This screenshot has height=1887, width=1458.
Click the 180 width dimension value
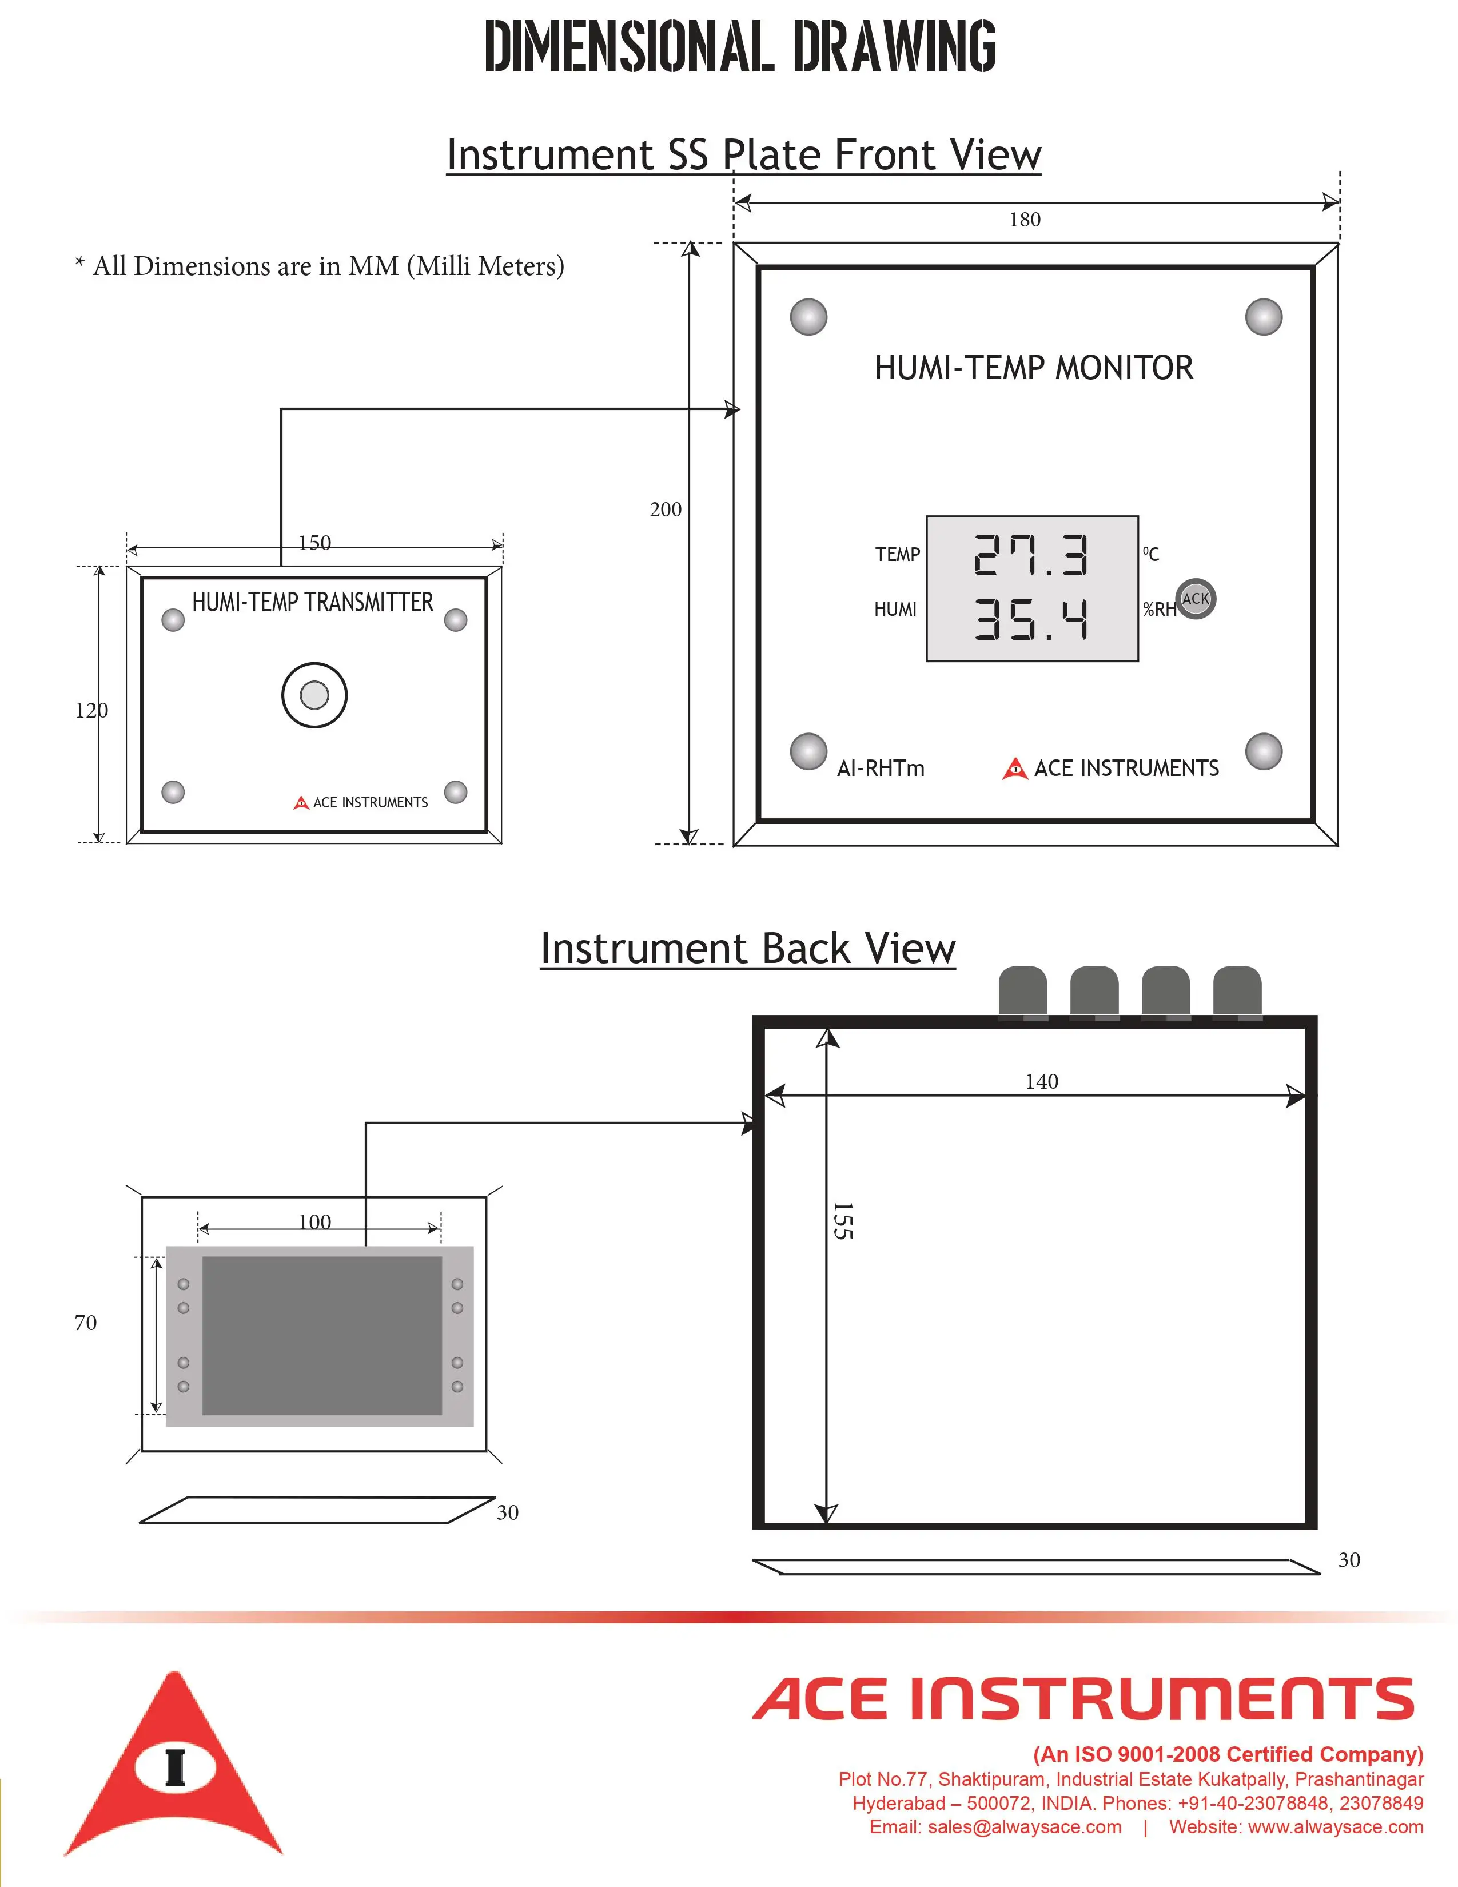(1025, 220)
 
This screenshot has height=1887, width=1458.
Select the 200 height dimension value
(665, 509)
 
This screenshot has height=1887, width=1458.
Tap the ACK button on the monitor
(1196, 599)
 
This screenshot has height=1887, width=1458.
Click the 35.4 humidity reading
(1031, 619)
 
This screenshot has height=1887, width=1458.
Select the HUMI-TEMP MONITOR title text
(1033, 368)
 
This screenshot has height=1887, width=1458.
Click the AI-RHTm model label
(880, 768)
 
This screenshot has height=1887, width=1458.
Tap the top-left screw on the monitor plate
(808, 317)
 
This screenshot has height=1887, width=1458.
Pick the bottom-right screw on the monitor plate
(1263, 752)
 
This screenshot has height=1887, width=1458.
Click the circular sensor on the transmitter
(314, 695)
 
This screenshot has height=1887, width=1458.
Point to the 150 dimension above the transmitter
(314, 543)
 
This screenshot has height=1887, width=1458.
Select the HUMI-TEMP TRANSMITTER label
(313, 602)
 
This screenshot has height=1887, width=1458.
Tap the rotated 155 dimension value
(843, 1221)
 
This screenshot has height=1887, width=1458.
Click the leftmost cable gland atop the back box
(1023, 992)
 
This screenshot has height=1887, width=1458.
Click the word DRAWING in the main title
(894, 47)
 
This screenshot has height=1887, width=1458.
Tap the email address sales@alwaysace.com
(995, 1826)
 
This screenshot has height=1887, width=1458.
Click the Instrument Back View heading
(747, 949)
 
